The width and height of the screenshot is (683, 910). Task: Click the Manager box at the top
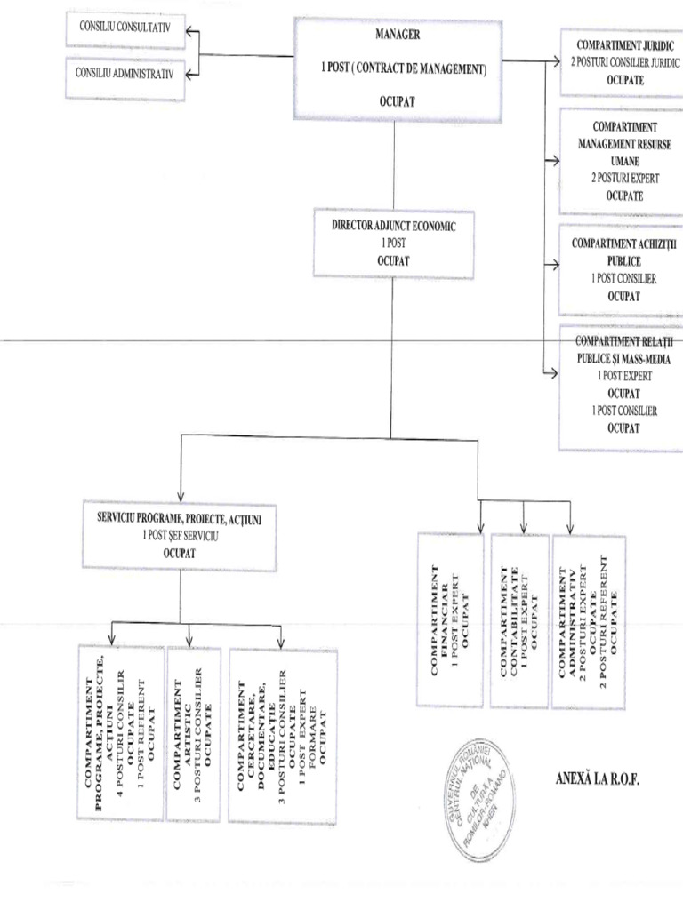(395, 69)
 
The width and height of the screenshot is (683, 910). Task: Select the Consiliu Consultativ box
(125, 29)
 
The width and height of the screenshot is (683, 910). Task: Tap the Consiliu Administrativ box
(125, 72)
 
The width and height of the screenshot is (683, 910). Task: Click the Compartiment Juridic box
(621, 61)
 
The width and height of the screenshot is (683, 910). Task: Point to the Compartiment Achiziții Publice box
(621, 269)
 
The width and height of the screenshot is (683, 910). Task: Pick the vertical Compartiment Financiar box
(451, 619)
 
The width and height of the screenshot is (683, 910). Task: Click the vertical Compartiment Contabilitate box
(519, 619)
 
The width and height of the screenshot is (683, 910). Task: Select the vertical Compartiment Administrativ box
(587, 619)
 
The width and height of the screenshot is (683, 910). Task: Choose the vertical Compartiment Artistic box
(195, 733)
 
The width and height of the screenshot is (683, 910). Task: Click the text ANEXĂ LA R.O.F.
(598, 779)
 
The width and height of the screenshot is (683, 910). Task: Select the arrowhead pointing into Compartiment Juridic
(552, 61)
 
